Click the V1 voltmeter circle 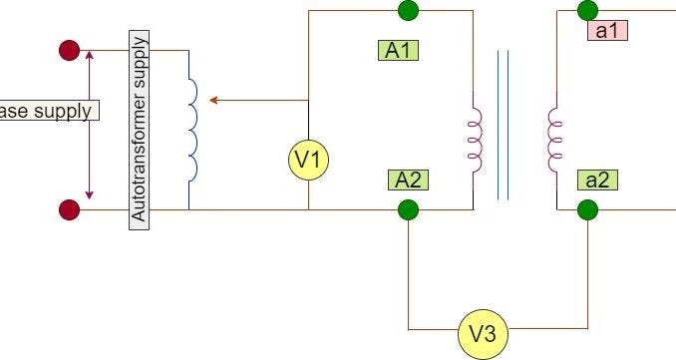point(308,160)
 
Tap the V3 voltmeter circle point(483,334)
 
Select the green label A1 point(398,50)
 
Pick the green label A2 point(408,180)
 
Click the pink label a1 point(607,31)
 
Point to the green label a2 point(597,180)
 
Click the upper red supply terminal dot point(69,50)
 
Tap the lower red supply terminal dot point(69,209)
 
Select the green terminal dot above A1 point(408,10)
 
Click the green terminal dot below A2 point(408,209)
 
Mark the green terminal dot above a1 point(587,10)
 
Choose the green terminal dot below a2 point(587,209)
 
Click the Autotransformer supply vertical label point(139,130)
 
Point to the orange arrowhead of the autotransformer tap point(213,101)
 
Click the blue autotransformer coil point(193,130)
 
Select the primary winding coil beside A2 point(476,141)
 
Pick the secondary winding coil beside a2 point(553,141)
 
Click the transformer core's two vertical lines point(504,125)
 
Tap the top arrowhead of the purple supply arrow point(90,55)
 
